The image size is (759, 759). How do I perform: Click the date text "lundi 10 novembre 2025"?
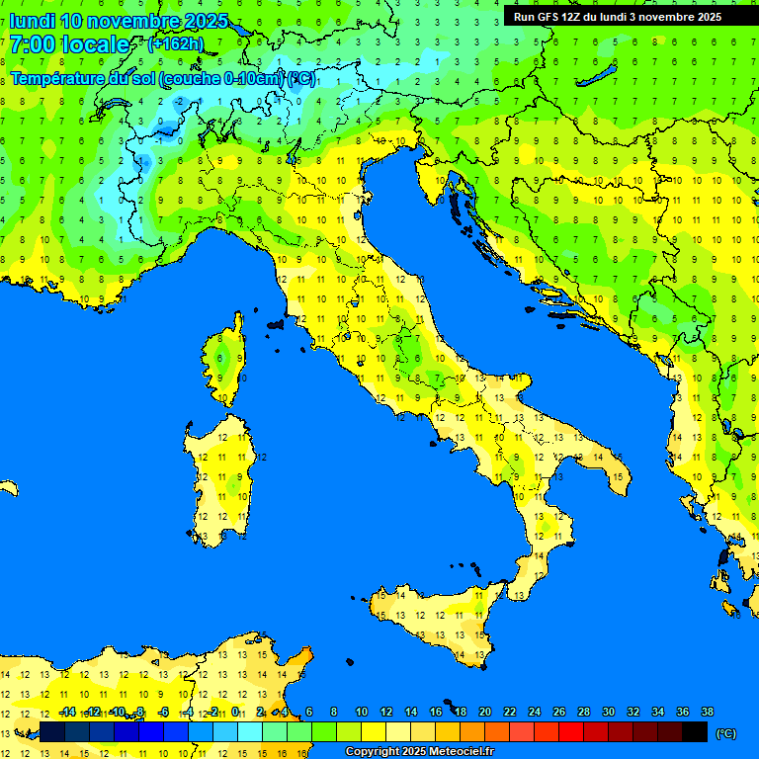point(119,21)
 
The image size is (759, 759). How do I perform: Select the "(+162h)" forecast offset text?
point(175,44)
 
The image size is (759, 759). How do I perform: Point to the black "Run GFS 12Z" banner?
point(617,17)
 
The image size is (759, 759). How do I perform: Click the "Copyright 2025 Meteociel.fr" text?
point(419,752)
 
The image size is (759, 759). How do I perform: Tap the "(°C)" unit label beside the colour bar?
point(725,733)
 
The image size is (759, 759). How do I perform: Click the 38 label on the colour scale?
point(707,713)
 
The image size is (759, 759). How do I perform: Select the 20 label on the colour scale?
point(485,713)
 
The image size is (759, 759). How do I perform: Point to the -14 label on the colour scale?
point(68,713)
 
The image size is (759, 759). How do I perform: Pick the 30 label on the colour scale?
point(608,713)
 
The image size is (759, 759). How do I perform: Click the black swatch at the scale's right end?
point(695,731)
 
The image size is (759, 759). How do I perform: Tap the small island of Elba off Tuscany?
point(276,323)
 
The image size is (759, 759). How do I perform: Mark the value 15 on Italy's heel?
point(618,477)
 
